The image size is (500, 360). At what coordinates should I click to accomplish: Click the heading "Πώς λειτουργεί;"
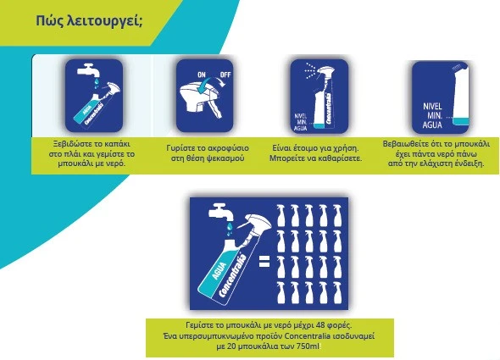[x=89, y=21]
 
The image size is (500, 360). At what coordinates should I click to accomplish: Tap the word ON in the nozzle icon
[x=202, y=75]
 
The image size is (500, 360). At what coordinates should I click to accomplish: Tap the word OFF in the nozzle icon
[x=225, y=75]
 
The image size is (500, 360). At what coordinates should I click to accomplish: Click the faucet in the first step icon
[x=88, y=70]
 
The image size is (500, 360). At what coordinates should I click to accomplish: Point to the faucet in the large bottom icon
[x=220, y=212]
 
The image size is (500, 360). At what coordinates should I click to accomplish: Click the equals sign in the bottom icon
[x=264, y=262]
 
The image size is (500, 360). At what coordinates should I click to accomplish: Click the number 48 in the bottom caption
[x=320, y=325]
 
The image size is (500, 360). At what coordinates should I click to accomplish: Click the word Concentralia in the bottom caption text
[x=307, y=336]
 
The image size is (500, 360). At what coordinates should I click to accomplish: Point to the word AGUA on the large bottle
[x=219, y=271]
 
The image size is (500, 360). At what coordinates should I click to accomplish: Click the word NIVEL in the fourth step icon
[x=432, y=106]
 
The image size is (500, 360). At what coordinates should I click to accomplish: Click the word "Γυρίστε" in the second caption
[x=179, y=148]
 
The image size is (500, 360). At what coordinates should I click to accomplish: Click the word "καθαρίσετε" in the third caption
[x=342, y=158]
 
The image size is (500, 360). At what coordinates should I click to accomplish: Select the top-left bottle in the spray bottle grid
[x=281, y=215]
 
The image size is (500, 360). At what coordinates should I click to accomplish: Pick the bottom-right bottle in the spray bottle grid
[x=337, y=293]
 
